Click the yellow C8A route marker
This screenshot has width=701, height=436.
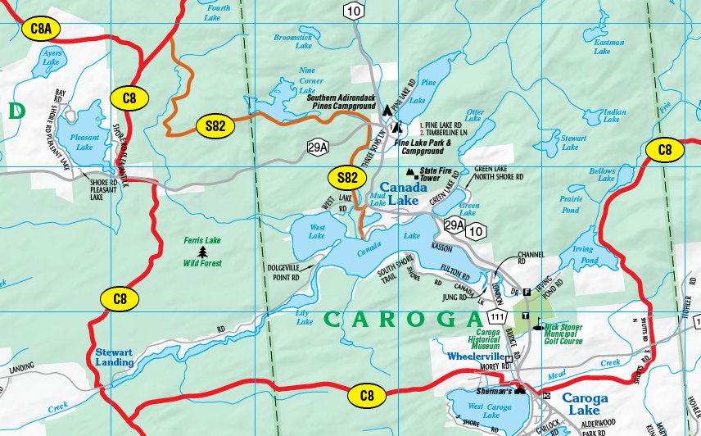[40, 30]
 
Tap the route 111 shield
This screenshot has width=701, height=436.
[497, 316]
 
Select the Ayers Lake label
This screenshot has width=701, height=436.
[51, 57]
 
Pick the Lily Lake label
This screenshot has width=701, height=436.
[305, 317]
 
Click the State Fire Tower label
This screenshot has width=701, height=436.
[440, 175]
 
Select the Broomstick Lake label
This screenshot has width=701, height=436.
[292, 43]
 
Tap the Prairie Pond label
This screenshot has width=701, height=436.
[572, 205]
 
